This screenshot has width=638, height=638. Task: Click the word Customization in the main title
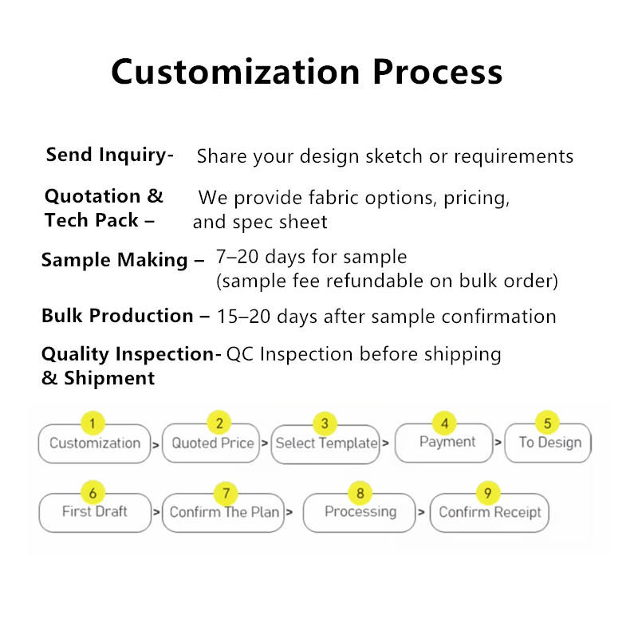click(235, 72)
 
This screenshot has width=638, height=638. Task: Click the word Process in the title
click(438, 72)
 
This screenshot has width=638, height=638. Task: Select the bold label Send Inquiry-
click(110, 155)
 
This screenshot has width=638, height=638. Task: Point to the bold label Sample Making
click(114, 260)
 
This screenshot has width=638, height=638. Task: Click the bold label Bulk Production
click(117, 315)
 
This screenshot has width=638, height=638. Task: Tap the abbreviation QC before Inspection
click(240, 354)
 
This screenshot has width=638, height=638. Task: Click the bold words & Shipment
click(98, 378)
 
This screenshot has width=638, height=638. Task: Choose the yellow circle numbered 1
click(93, 423)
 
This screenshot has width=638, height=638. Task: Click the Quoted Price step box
click(211, 443)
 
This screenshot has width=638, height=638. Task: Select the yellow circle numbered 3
click(325, 423)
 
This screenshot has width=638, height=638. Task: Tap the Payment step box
click(444, 443)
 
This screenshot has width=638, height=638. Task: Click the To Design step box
click(548, 443)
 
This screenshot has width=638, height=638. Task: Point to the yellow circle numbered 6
click(93, 493)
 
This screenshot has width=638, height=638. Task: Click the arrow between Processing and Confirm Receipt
click(421, 512)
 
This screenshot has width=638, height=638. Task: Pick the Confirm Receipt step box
click(489, 513)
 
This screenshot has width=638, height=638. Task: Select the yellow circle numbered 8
click(360, 493)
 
